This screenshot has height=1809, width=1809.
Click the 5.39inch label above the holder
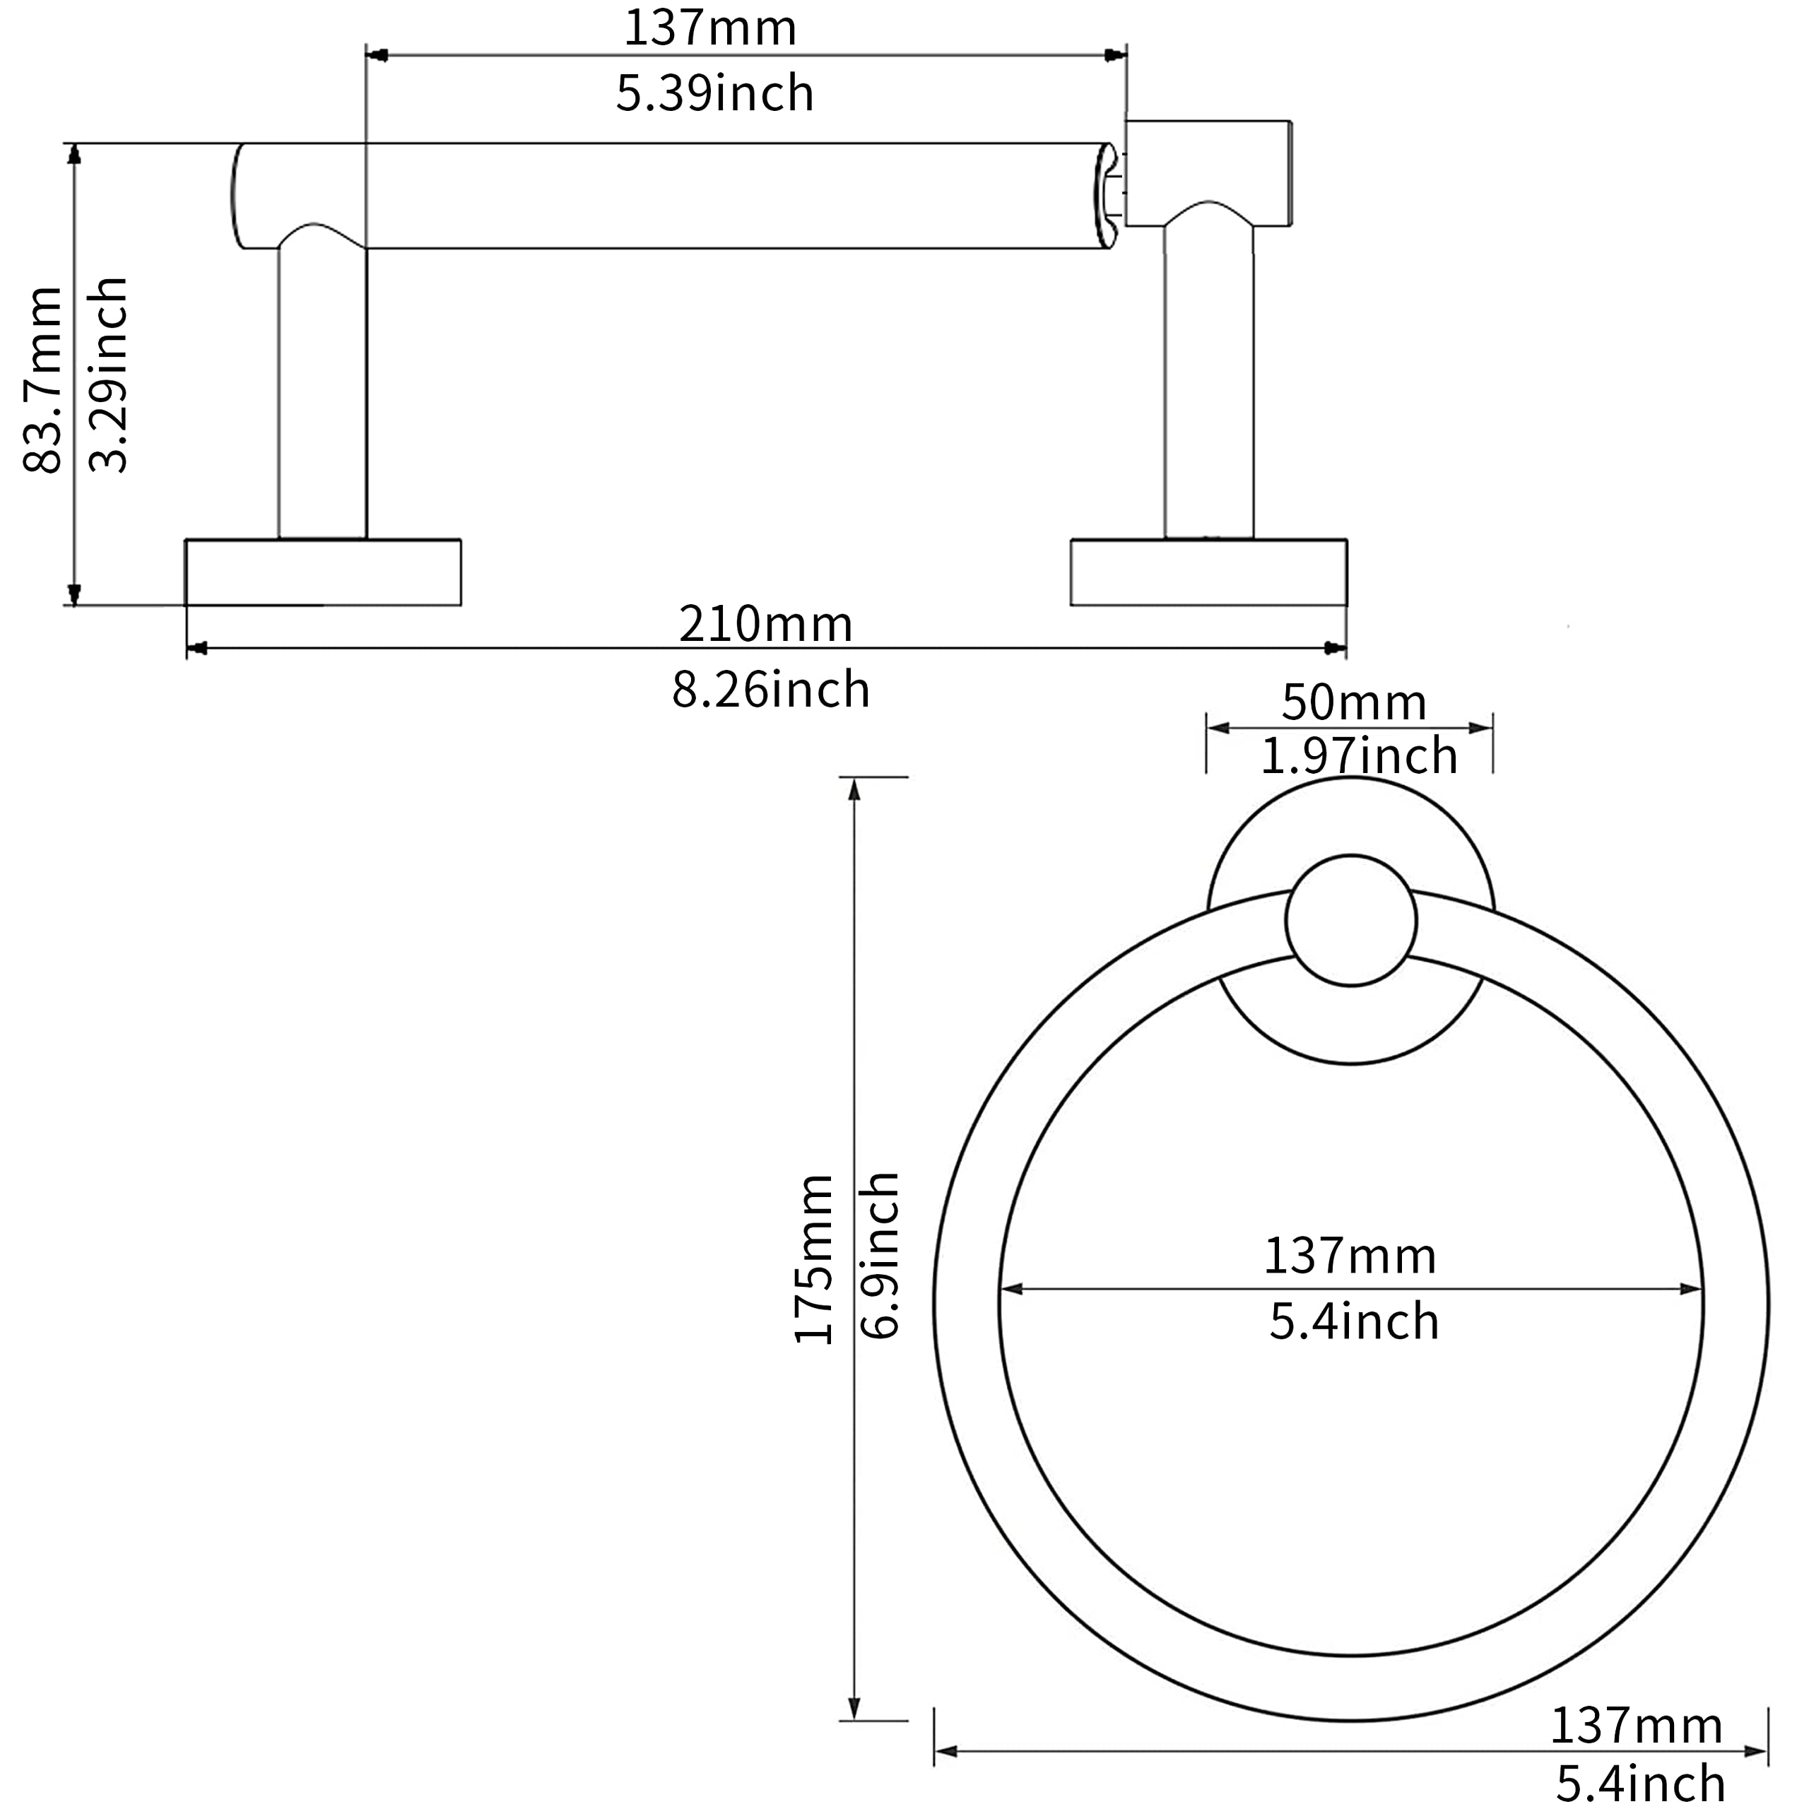pyautogui.click(x=714, y=94)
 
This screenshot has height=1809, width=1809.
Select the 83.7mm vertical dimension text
pyautogui.click(x=42, y=379)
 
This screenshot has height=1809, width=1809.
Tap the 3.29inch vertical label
pyautogui.click(x=107, y=375)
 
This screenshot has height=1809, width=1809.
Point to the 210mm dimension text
pyautogui.click(x=766, y=623)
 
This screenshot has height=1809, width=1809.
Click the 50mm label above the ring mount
pyautogui.click(x=1354, y=702)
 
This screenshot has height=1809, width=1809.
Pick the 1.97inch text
pyautogui.click(x=1360, y=755)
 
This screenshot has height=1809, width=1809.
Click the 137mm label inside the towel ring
pyautogui.click(x=1350, y=1256)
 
